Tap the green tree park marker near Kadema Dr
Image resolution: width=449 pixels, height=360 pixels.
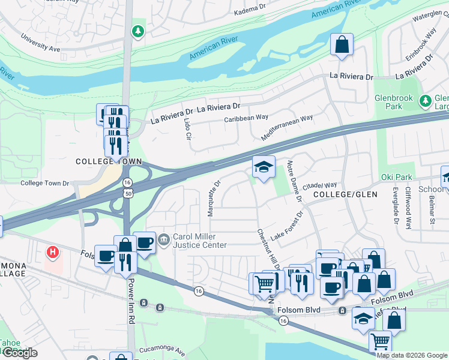(139, 31)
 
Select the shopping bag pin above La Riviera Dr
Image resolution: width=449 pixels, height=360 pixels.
(342, 45)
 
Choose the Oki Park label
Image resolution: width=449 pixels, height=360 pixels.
(396, 177)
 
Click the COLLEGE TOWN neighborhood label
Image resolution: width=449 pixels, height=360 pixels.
(109, 162)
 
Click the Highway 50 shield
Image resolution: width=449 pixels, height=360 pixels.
(127, 193)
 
